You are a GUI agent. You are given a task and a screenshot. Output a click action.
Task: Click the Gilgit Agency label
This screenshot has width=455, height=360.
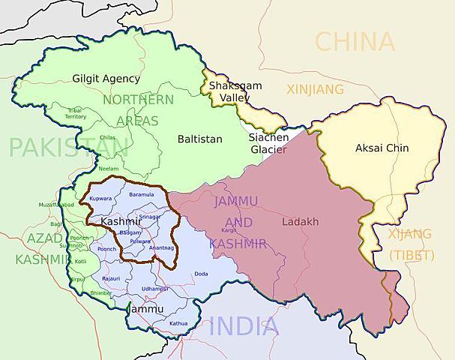point(106,78)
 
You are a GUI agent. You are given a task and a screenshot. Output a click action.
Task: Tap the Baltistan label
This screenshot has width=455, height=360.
point(199,139)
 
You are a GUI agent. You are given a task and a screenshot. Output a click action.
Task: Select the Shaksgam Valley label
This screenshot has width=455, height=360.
point(235,92)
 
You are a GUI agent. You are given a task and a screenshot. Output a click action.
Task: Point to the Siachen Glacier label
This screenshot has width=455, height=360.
point(267,143)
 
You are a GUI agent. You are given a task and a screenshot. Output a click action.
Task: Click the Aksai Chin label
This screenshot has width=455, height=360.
point(382,148)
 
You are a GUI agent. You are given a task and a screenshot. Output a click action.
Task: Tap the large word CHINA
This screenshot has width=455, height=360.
point(355,41)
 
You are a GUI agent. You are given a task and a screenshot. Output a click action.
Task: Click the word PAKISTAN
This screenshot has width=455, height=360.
point(63,146)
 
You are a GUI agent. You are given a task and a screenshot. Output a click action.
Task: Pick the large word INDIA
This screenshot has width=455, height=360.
point(244,326)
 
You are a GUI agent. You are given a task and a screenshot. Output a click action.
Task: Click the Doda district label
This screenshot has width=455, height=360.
point(201,274)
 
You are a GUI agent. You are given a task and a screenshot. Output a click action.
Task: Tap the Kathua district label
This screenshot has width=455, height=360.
point(178,323)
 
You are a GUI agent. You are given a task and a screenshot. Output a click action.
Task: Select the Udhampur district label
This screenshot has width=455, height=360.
point(154,289)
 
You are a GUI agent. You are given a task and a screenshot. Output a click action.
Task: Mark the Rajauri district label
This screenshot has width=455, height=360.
point(111,278)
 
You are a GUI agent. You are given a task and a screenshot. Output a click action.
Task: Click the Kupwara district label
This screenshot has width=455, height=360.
point(100,199)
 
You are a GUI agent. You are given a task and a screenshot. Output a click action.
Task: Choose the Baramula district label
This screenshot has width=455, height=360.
point(141,194)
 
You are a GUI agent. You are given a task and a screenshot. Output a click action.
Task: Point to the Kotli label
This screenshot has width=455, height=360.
point(81,262)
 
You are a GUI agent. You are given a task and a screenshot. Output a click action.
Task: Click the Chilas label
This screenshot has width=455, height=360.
point(107,137)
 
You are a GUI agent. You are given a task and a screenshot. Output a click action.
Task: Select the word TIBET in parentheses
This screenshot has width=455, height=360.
point(411,255)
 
